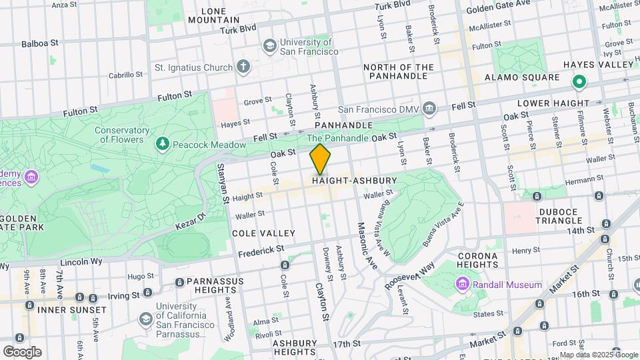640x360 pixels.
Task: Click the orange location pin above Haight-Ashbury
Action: pyautogui.click(x=320, y=159)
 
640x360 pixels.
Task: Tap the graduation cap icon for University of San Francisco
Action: pyautogui.click(x=269, y=45)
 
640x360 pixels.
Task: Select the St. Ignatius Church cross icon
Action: pyautogui.click(x=243, y=67)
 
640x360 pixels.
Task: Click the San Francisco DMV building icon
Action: pyautogui.click(x=429, y=109)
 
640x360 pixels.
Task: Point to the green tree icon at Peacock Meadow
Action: pyautogui.click(x=161, y=144)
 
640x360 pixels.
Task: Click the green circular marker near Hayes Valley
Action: pyautogui.click(x=579, y=82)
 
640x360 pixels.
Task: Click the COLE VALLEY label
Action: pyautogui.click(x=263, y=233)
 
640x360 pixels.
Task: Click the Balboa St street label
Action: pyautogui.click(x=40, y=43)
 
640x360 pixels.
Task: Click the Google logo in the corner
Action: pyautogui.click(x=22, y=351)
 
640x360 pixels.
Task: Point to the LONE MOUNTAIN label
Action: pyautogui.click(x=213, y=15)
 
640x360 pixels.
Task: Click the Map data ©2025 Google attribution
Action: pyautogui.click(x=599, y=355)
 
